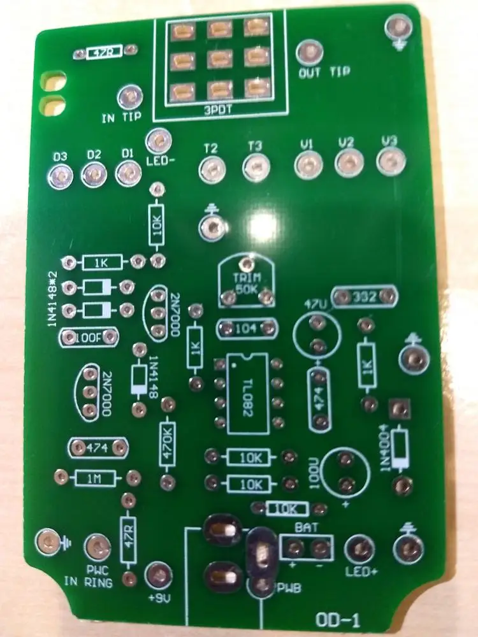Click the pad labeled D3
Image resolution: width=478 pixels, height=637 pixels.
pos(60,175)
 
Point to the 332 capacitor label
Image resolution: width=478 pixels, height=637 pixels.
pos(368,296)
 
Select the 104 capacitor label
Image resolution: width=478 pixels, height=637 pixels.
pos(247,329)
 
